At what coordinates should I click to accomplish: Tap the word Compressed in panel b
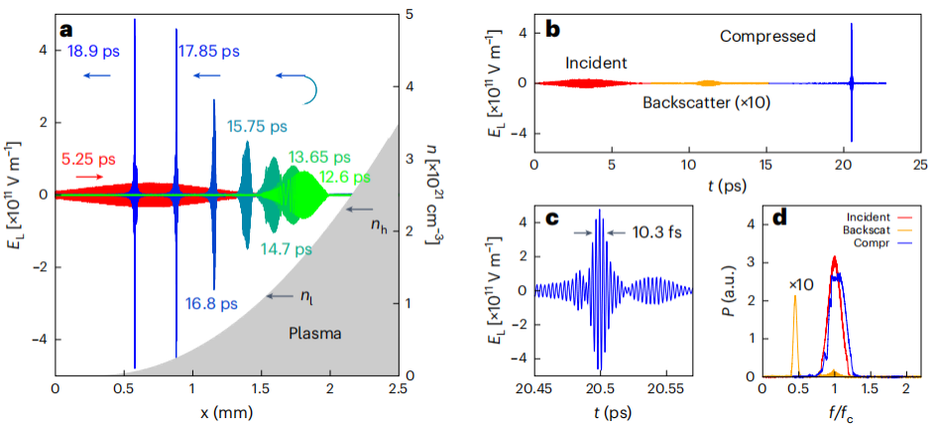tap(767, 37)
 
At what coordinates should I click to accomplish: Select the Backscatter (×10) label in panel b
tap(706, 101)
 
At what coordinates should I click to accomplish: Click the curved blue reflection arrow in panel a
tap(307, 88)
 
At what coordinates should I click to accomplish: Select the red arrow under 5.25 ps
tap(88, 175)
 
